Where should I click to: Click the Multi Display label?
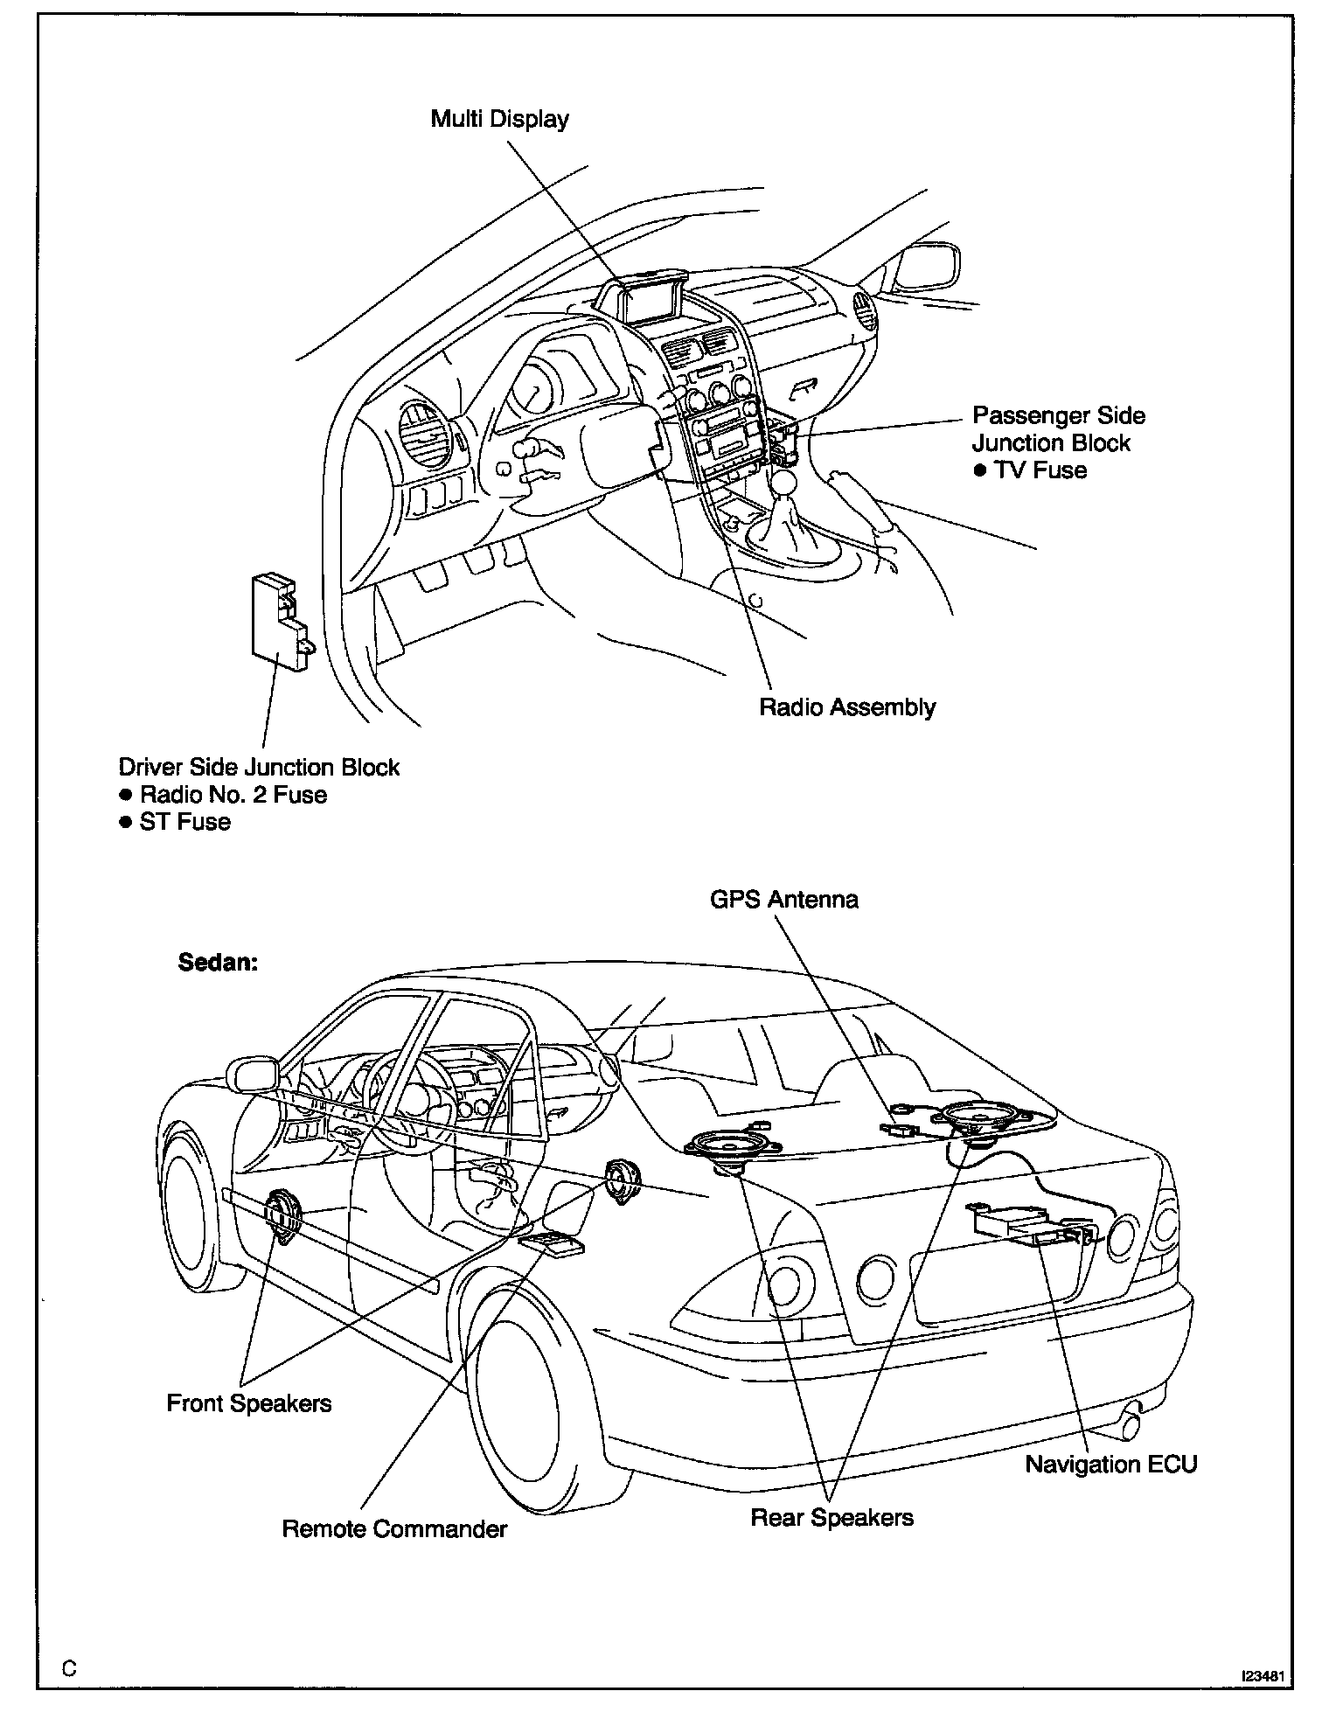tap(499, 119)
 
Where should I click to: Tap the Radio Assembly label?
tap(846, 706)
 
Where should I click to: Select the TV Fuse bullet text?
tap(1040, 470)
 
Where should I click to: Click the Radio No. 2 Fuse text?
tap(233, 795)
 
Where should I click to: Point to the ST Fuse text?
tap(184, 822)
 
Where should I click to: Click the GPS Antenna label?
tap(783, 900)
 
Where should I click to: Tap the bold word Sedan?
tap(218, 963)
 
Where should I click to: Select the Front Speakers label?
tap(249, 1403)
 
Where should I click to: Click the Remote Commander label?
tap(394, 1529)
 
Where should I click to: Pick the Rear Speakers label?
tap(831, 1517)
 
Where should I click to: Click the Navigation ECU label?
tap(1110, 1464)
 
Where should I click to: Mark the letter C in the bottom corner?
tap(70, 1668)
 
